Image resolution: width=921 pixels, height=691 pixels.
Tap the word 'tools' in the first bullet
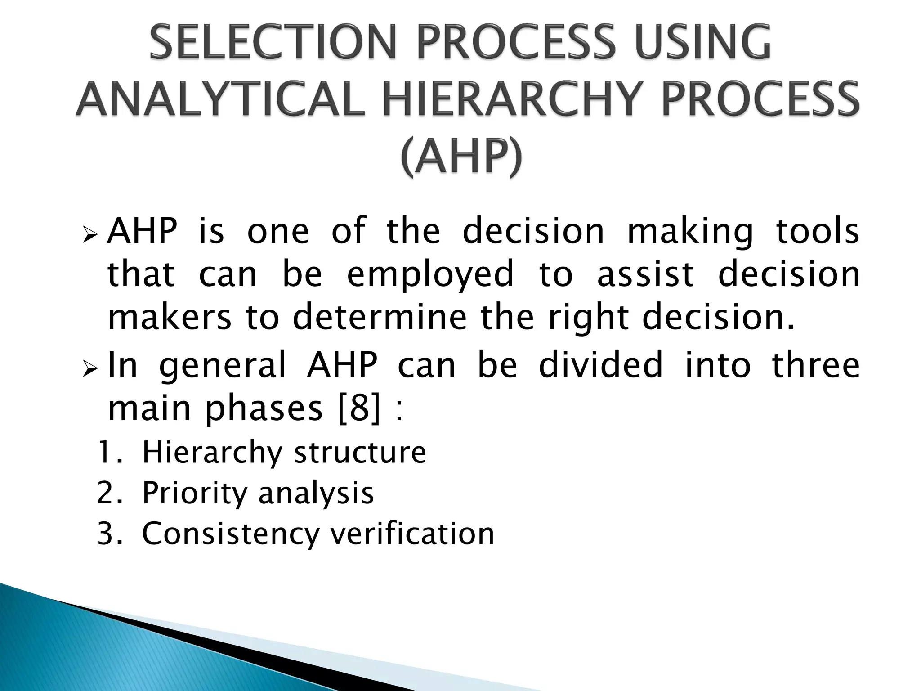tap(818, 231)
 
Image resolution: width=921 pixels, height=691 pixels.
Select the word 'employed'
tap(430, 275)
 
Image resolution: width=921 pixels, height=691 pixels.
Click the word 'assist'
tap(645, 275)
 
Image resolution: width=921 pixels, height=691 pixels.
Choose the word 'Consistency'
tap(230, 534)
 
